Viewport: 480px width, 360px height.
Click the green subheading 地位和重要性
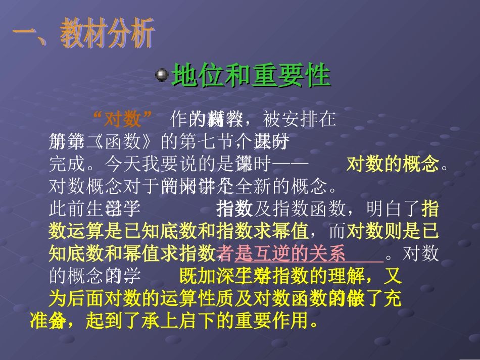point(251,76)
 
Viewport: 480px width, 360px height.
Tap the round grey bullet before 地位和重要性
point(162,75)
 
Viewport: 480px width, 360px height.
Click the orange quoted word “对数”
point(123,119)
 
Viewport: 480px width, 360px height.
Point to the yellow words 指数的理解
point(328,277)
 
